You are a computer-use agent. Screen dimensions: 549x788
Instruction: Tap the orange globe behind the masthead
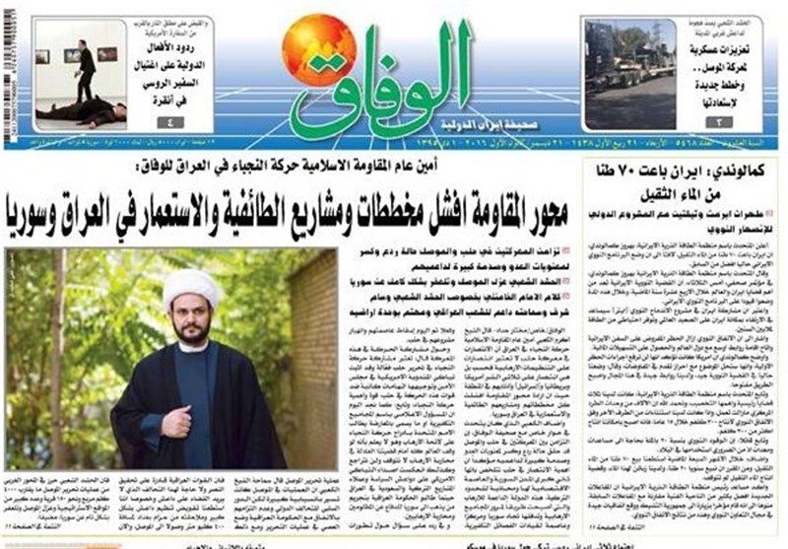318,47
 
